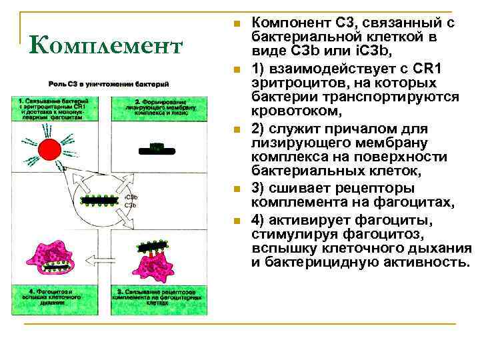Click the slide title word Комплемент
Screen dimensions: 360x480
[106, 46]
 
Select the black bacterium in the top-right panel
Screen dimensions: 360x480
[157, 149]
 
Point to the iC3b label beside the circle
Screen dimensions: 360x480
[131, 197]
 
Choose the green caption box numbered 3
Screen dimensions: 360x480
[154, 296]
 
